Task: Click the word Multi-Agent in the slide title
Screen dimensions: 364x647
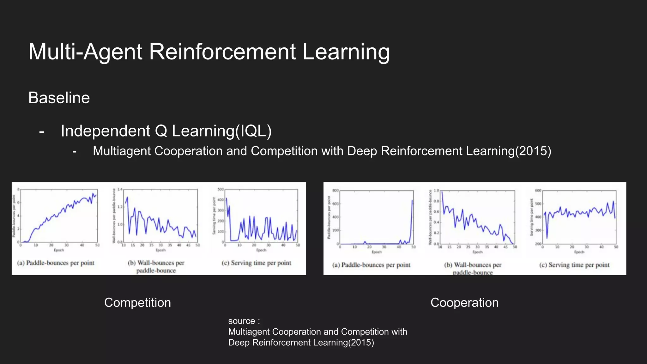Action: coord(85,52)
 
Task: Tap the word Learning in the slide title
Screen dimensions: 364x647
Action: coord(346,52)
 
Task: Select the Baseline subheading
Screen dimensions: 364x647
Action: coord(59,98)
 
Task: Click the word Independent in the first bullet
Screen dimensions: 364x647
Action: coord(106,131)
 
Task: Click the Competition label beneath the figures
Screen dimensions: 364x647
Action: coord(137,303)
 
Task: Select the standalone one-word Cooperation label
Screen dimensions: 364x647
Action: coord(464,303)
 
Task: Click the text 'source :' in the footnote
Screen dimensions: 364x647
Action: coord(244,321)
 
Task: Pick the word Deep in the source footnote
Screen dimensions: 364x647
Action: coord(239,343)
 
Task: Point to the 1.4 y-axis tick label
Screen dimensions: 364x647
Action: coord(120,189)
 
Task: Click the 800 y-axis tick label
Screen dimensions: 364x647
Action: coord(335,191)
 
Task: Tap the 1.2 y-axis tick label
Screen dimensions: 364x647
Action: coord(120,207)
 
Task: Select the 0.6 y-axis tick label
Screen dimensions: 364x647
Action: coord(436,211)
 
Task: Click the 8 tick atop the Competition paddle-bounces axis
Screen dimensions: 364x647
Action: coord(18,189)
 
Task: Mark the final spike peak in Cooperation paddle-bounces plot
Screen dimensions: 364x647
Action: coord(412,200)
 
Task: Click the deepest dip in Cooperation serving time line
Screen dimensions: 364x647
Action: coord(547,238)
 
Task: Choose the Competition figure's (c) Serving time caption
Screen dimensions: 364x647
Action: coord(256,263)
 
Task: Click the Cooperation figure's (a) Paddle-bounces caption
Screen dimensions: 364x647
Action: coord(371,265)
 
